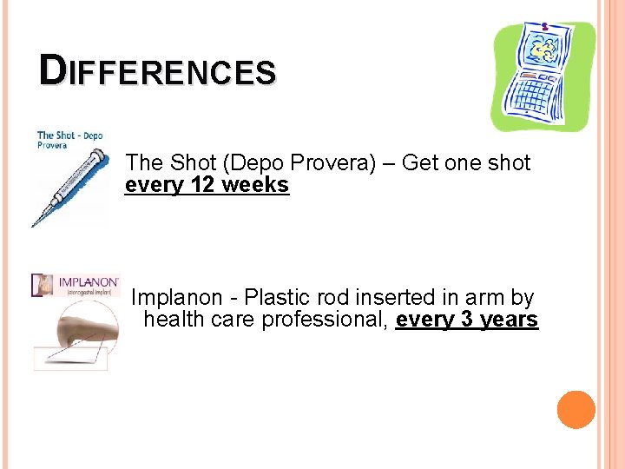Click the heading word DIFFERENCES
[x=157, y=71]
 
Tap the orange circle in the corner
[x=576, y=409]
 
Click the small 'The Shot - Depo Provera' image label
[x=69, y=139]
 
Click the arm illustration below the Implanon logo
[x=74, y=334]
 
